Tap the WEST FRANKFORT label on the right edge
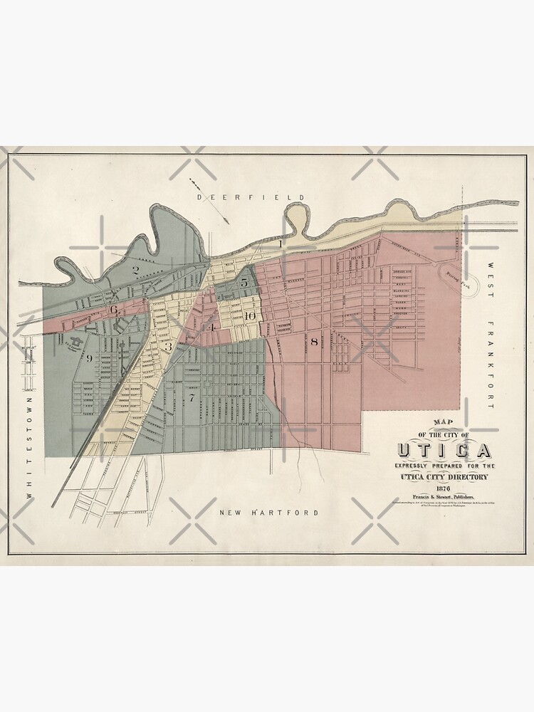(490, 335)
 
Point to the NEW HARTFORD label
(268, 513)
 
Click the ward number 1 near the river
(281, 244)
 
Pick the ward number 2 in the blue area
(135, 270)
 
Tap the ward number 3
(169, 347)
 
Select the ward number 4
(211, 327)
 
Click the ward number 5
(244, 283)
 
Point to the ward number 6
(113, 309)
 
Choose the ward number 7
(191, 397)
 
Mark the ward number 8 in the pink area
(313, 342)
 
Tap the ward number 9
(89, 357)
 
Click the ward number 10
(248, 315)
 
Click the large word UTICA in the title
(443, 451)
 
